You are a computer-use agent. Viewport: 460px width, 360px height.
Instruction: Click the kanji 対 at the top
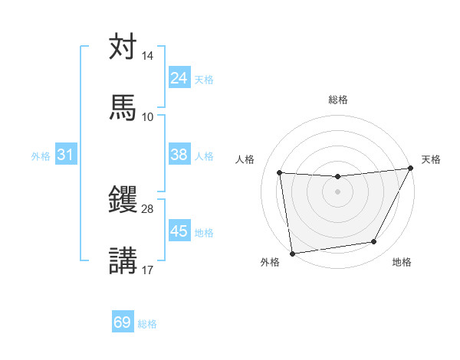point(123,47)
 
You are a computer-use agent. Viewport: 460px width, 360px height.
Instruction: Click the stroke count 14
point(147,57)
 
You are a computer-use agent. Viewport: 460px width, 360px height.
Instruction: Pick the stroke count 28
point(147,209)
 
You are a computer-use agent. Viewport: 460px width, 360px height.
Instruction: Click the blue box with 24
point(179,78)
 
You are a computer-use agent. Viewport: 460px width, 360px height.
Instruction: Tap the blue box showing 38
point(179,155)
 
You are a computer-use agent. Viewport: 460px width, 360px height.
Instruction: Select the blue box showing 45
point(179,231)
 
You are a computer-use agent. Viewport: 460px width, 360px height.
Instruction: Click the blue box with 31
point(66,155)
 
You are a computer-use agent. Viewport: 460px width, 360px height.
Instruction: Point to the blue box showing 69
point(123,322)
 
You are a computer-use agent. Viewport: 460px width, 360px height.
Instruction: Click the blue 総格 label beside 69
point(147,324)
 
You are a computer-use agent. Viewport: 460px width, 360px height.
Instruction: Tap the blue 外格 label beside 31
point(41,156)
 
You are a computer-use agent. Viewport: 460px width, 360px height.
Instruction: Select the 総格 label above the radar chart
point(338,100)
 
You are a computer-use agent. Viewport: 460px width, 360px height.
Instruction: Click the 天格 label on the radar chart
point(431,159)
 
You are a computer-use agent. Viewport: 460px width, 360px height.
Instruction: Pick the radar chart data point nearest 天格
point(412,169)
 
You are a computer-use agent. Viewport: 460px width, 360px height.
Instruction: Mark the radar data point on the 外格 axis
point(292,253)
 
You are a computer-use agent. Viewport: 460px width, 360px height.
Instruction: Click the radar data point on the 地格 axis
point(374,242)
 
